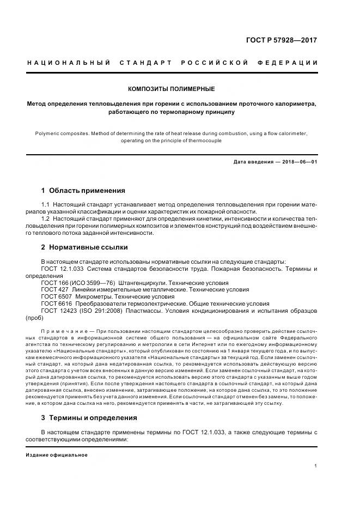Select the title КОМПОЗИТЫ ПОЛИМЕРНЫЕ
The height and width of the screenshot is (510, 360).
click(171, 88)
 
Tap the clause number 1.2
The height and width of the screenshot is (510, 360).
click(46, 218)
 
